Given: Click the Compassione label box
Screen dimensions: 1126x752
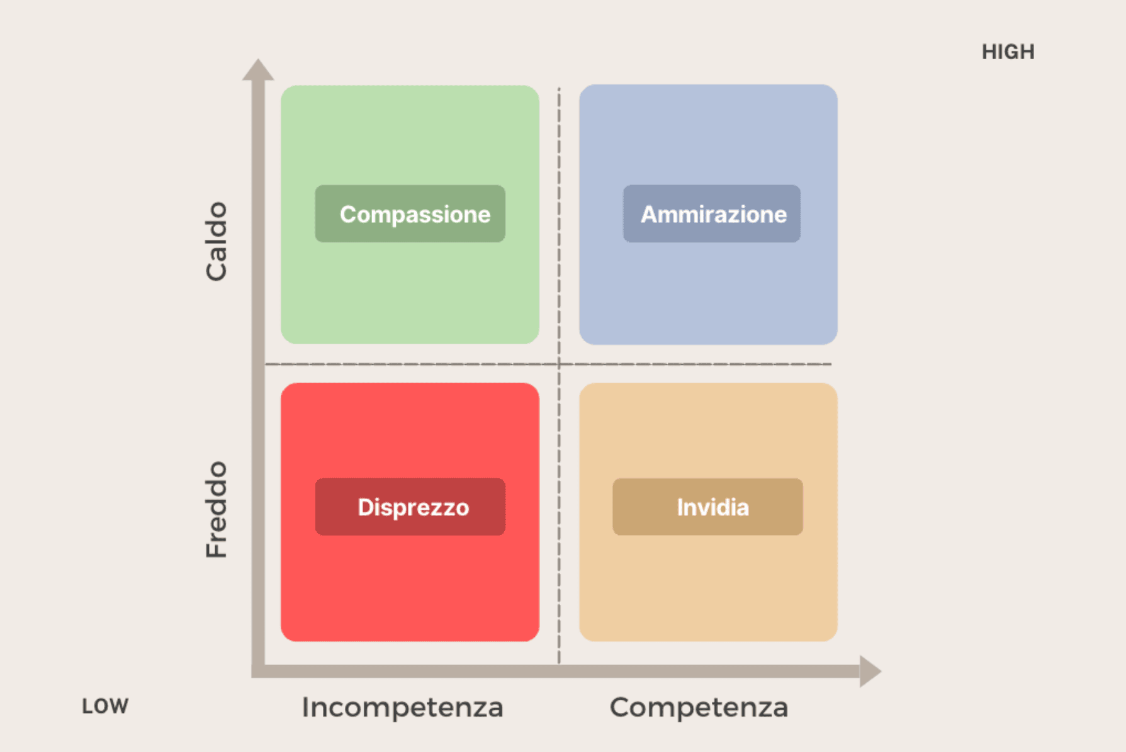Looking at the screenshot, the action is (410, 214).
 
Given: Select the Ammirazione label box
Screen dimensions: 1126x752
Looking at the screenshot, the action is (711, 214).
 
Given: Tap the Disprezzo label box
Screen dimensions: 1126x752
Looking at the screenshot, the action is (410, 507).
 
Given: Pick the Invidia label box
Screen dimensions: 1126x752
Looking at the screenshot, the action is (707, 507).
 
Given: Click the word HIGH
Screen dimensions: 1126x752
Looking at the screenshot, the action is (1008, 52).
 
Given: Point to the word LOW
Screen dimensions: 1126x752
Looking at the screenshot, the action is (105, 706).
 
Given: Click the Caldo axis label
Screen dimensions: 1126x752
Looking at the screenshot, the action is (216, 241).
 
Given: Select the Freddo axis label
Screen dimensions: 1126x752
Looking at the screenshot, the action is (216, 509).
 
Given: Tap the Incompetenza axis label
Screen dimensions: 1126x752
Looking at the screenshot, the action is (402, 707).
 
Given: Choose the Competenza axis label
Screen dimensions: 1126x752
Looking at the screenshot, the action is (699, 707).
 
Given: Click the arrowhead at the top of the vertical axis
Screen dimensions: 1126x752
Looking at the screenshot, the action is (258, 70).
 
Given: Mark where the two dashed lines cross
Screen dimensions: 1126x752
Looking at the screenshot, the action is (559, 364).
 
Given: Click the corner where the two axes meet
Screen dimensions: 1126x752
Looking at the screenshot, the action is (258, 671).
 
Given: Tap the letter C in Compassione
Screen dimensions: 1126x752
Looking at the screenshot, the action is (348, 215).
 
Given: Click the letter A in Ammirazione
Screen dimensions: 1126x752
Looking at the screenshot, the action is (650, 215).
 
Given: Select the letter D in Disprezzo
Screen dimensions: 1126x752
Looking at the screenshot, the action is (366, 507).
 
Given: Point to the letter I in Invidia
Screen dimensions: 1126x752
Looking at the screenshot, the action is (680, 507).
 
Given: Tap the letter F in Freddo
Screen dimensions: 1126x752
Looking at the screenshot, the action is (216, 549).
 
